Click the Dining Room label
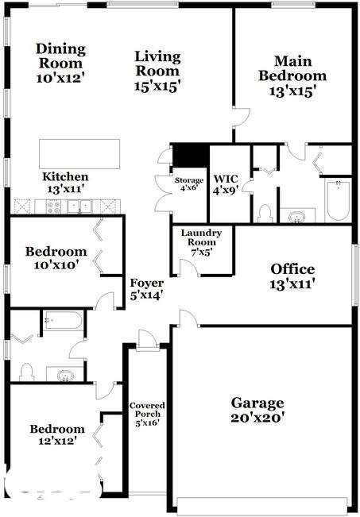pos(60,56)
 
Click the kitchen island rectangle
pos(79,153)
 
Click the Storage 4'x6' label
pos(189,185)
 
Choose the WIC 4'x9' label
pos(220,185)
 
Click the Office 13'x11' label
pos(292,276)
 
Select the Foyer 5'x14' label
pos(146,288)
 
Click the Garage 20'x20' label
pos(257,408)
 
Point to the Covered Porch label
pos(147,414)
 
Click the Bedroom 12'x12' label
pos(57,434)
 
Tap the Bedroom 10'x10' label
pos(52,258)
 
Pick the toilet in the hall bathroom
pos(25,371)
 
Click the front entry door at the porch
pos(146,340)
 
